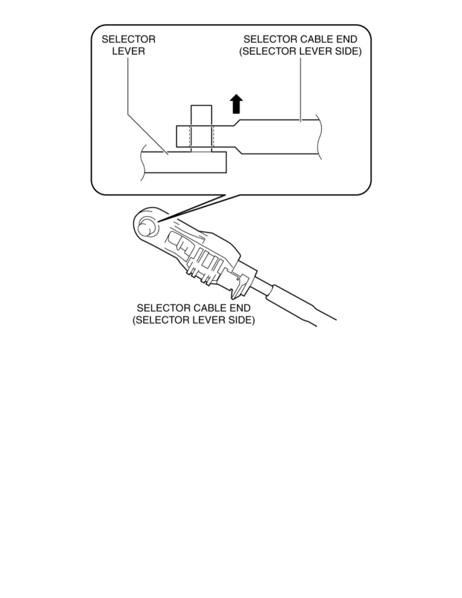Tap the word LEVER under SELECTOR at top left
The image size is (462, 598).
click(128, 51)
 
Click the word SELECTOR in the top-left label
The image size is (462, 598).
click(128, 39)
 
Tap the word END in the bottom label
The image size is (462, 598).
click(240, 308)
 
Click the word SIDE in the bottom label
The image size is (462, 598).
click(240, 320)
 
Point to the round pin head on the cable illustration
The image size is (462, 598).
click(145, 229)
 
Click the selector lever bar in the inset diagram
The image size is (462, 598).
click(185, 162)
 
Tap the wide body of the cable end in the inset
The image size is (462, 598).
click(279, 137)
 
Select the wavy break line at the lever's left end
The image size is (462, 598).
click(142, 162)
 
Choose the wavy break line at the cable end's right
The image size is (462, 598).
click(320, 137)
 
